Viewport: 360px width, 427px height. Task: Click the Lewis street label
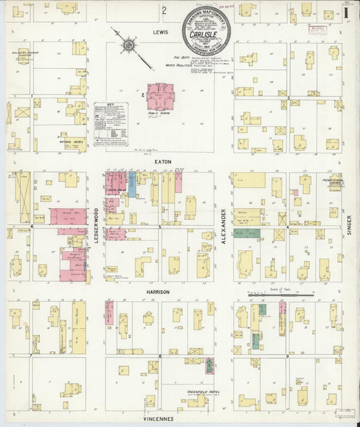click(159, 31)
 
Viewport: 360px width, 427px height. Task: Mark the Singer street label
click(350, 225)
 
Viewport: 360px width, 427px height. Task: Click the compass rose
click(128, 46)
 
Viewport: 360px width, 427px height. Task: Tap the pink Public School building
click(161, 97)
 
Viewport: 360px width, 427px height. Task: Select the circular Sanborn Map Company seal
click(207, 31)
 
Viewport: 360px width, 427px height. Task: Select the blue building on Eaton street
click(132, 184)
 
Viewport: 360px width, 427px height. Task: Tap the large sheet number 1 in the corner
click(346, 11)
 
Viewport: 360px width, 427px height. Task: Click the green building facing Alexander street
click(247, 233)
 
